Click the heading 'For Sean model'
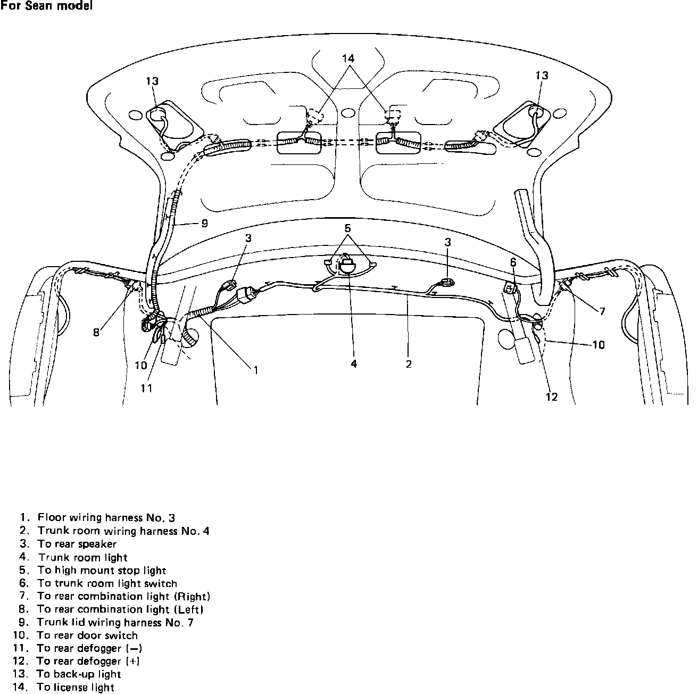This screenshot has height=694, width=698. point(46,6)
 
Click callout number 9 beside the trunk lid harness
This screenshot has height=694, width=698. point(204,224)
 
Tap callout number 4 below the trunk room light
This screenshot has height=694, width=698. point(354,364)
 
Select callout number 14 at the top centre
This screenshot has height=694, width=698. point(348,58)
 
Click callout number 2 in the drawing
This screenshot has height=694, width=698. point(409,364)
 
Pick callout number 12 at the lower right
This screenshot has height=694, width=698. point(552,396)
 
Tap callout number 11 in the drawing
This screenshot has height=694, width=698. point(146,389)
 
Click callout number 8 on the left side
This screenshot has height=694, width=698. point(96,333)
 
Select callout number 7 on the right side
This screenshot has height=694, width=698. point(602,312)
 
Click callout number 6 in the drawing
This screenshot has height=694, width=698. point(513,262)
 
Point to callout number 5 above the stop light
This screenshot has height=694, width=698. point(347,228)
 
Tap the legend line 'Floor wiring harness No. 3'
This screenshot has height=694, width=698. point(106,517)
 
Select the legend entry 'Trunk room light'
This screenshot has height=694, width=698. point(82,557)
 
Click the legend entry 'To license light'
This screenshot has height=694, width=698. point(76,687)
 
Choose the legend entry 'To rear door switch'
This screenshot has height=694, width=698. point(87,635)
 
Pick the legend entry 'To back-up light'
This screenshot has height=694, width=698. point(79,674)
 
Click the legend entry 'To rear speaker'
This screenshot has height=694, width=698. point(77,544)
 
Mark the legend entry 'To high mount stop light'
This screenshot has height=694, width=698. point(102,571)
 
